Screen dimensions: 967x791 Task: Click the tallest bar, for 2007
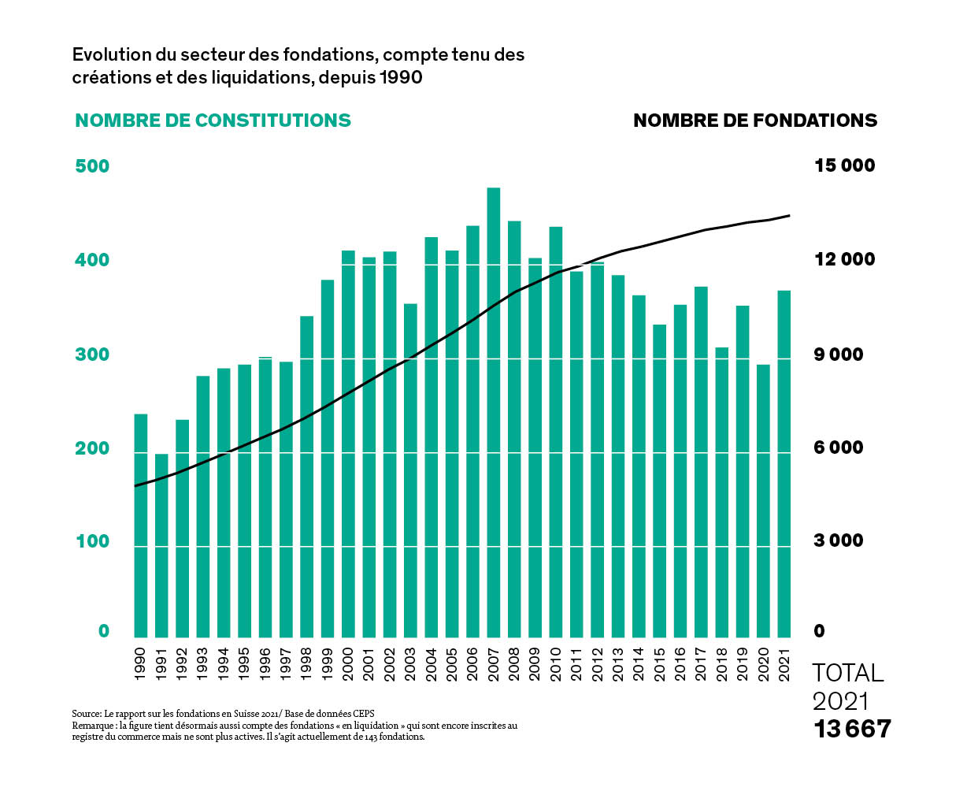tap(494, 412)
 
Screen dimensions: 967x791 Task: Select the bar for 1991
tap(161, 545)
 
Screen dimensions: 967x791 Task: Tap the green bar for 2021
tap(784, 464)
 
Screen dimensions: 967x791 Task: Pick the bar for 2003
tap(410, 470)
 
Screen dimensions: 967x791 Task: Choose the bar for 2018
tap(721, 492)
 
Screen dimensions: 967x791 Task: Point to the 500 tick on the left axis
tap(92, 165)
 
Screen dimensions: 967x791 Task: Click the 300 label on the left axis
tap(92, 355)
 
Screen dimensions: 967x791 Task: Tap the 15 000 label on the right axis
tap(845, 165)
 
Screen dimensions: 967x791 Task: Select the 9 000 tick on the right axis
tap(839, 355)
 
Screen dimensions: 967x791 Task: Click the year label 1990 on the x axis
tap(140, 664)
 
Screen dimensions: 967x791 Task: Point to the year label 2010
tap(556, 664)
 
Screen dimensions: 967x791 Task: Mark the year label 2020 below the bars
tap(763, 664)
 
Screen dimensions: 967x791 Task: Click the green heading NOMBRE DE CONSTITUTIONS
tap(213, 121)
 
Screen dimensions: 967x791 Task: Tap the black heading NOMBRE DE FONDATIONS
tap(755, 121)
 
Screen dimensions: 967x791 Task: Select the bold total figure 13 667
tap(852, 729)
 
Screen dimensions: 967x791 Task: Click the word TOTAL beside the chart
tap(848, 673)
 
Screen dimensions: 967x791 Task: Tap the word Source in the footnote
tap(86, 714)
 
